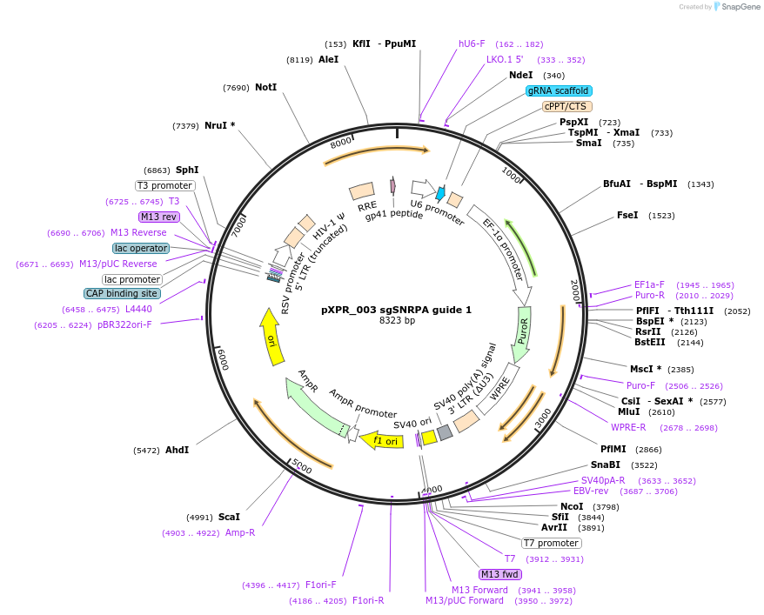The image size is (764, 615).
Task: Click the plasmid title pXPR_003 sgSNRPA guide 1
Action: [396, 309]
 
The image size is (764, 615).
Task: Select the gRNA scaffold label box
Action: [559, 90]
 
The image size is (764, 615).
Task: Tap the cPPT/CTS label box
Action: [566, 106]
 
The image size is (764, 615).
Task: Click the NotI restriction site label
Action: [265, 88]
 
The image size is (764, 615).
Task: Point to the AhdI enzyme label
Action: [177, 450]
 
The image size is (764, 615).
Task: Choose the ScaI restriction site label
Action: [229, 517]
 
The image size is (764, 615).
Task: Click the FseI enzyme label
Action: [627, 215]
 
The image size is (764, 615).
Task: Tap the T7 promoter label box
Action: [552, 543]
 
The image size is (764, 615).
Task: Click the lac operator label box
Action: [141, 249]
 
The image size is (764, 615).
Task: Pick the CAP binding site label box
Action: [121, 294]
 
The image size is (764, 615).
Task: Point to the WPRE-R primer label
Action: [628, 427]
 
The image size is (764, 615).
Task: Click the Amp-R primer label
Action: [240, 532]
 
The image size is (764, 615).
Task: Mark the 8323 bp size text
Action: [397, 321]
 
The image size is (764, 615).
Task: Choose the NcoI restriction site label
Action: [571, 506]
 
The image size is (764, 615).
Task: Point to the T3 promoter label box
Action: [164, 185]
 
